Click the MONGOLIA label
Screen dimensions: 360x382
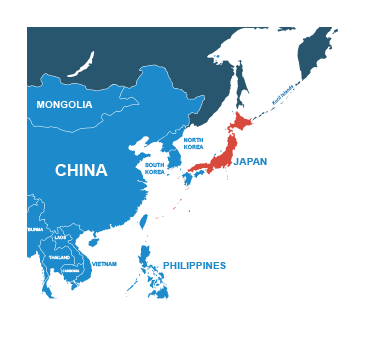pos(64,105)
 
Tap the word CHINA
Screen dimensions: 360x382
pos(81,171)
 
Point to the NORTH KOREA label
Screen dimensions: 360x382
pos(193,143)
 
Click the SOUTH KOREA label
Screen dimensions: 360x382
pos(155,168)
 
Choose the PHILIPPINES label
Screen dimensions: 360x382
pos(194,266)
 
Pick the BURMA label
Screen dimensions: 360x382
pos(35,229)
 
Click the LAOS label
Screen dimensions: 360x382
pos(61,237)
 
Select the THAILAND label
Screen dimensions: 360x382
pos(59,257)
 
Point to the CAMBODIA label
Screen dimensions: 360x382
pos(70,270)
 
